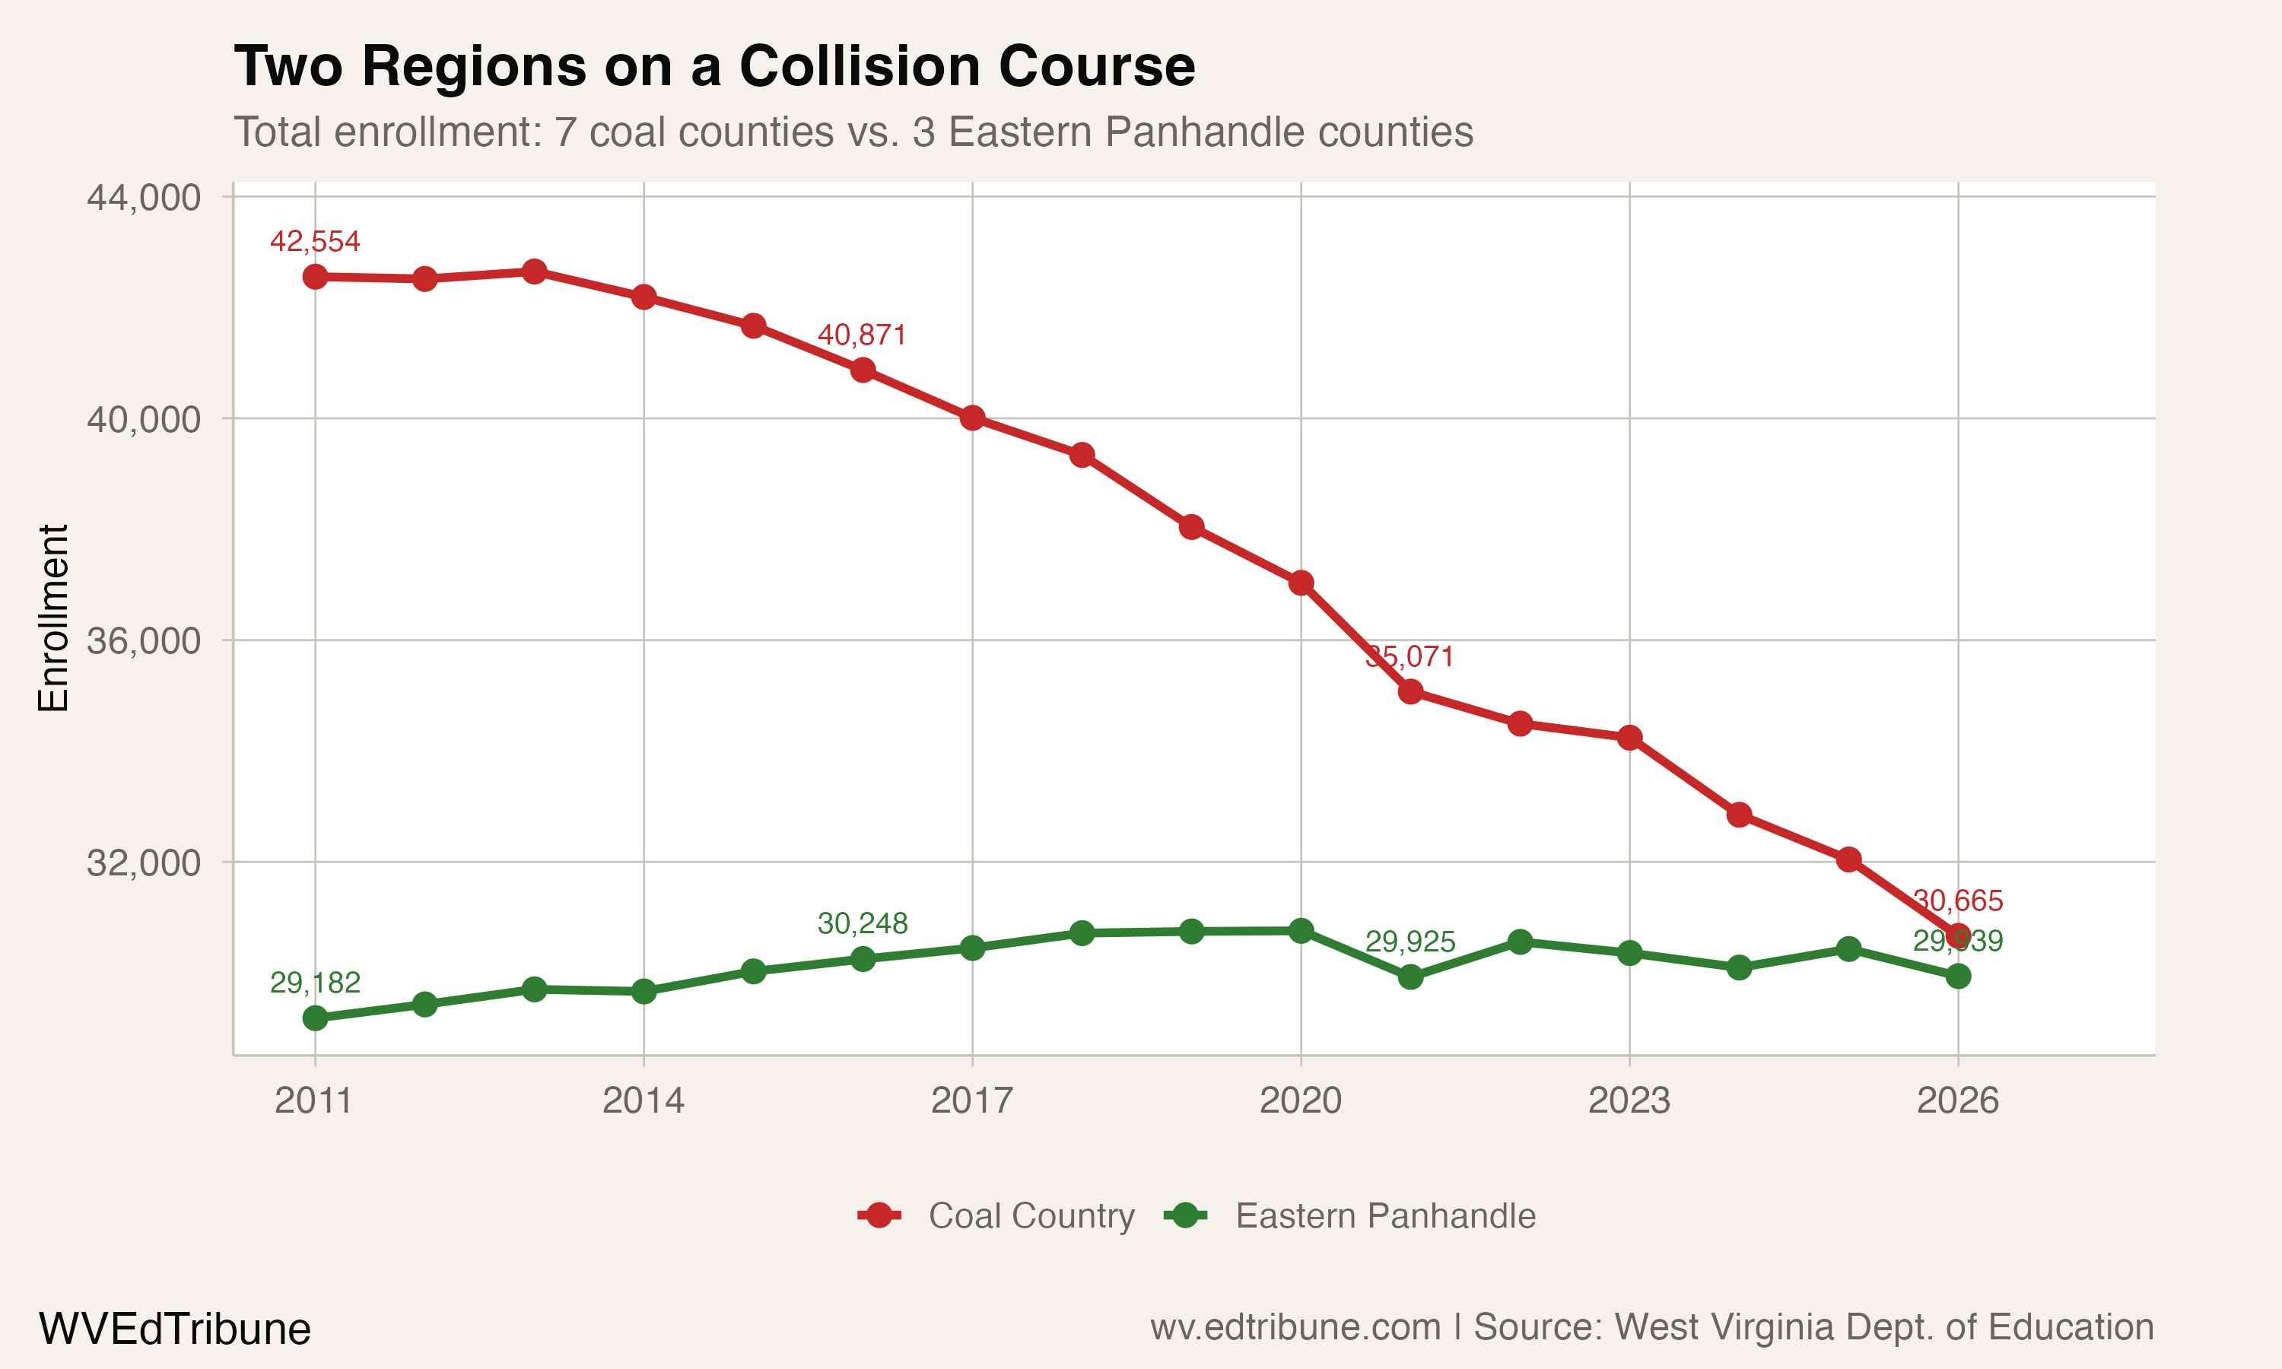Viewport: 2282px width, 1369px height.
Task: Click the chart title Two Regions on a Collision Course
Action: click(x=714, y=66)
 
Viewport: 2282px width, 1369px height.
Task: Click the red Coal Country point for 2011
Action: click(x=316, y=277)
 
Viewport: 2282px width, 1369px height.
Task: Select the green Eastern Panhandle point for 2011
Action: click(x=316, y=1018)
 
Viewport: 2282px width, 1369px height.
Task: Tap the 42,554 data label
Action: click(x=315, y=242)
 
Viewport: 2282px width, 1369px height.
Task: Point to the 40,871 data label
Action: click(x=863, y=335)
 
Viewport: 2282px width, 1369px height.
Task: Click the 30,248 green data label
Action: click(x=863, y=923)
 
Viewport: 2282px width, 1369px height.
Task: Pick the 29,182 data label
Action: click(x=315, y=983)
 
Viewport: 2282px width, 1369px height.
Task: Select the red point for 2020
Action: click(x=1302, y=583)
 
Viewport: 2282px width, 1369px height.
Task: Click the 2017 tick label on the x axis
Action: click(x=971, y=1101)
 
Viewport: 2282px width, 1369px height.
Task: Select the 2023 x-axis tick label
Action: click(x=1629, y=1101)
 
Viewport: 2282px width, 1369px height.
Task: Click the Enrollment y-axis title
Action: click(x=53, y=618)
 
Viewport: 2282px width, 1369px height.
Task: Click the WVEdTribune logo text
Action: click(x=174, y=1329)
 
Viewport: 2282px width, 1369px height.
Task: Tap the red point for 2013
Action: click(x=534, y=272)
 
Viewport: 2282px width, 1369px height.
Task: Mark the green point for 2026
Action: click(x=1958, y=976)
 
